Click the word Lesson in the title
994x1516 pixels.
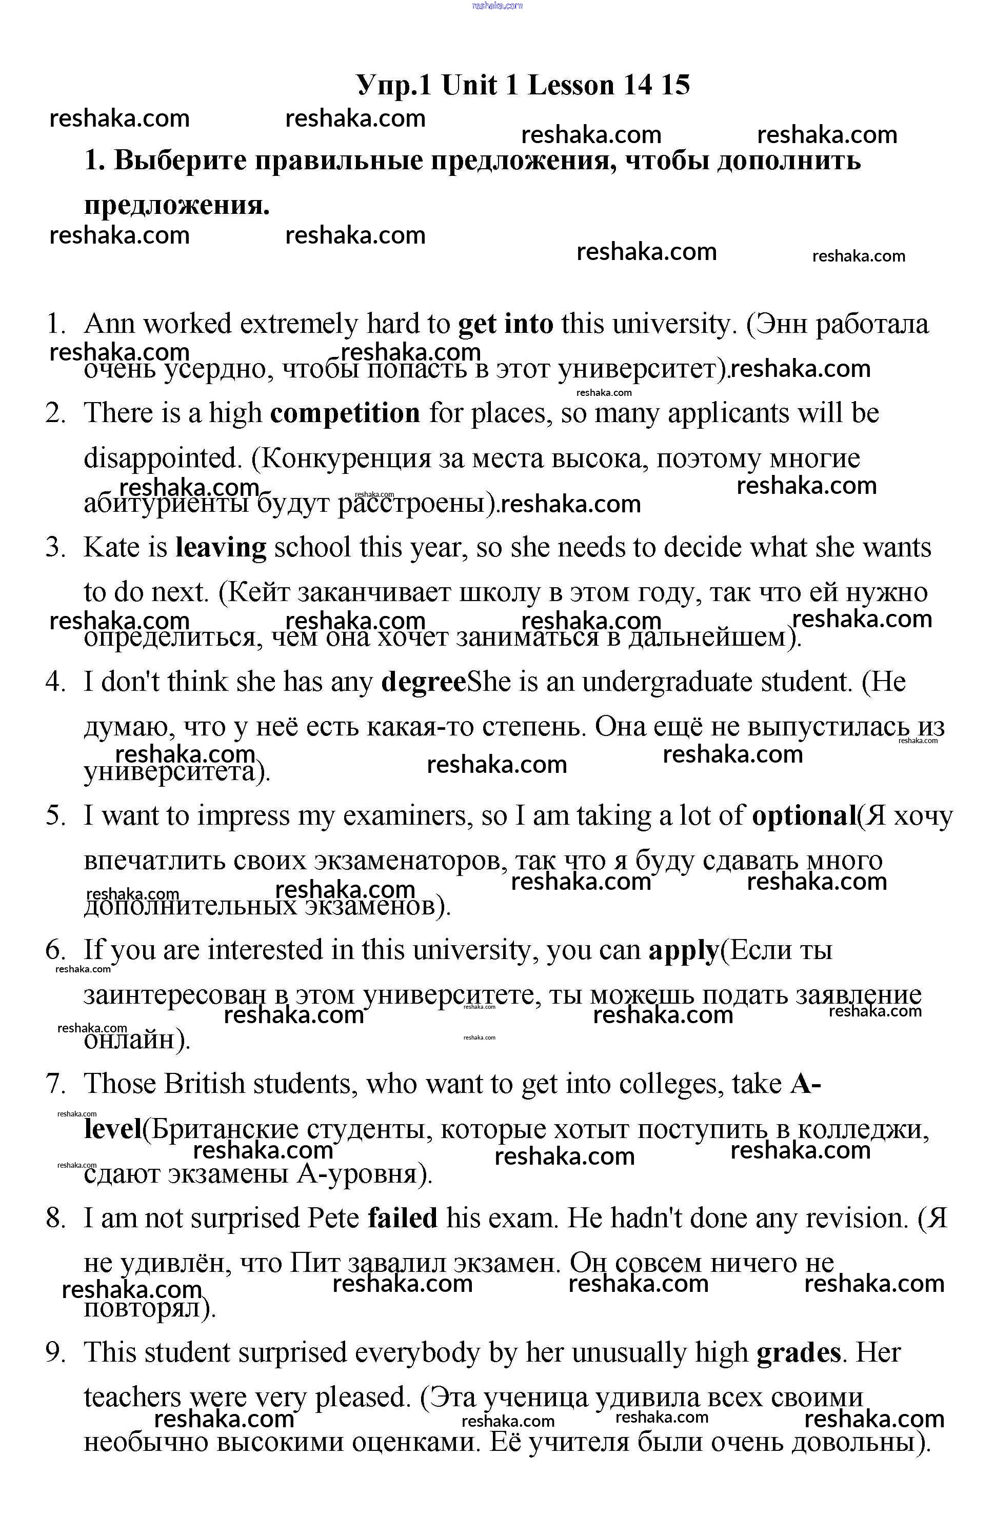coord(570,85)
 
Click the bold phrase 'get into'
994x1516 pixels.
coord(506,325)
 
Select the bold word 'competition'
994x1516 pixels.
coord(345,414)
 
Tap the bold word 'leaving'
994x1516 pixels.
coord(221,548)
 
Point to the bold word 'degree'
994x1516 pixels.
coord(423,682)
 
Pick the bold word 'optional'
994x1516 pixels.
coord(804,816)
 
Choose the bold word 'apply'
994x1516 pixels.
coord(683,951)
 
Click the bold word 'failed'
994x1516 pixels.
coord(403,1219)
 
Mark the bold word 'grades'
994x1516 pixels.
coord(799,1353)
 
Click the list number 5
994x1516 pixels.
coord(55,816)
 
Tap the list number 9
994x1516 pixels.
coord(55,1353)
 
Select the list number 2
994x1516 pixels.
coord(55,414)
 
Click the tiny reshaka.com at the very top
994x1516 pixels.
coord(497,6)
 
